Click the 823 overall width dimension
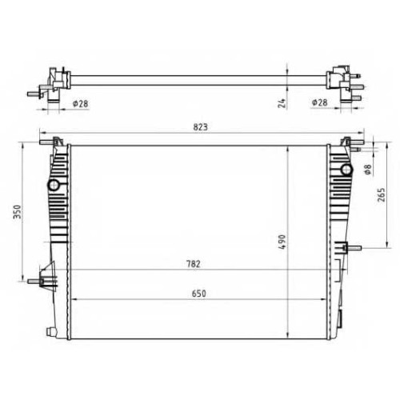[200, 127]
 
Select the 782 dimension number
[194, 264]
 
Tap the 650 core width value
[199, 294]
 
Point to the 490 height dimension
[282, 242]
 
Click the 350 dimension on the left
[18, 212]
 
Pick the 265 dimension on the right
[382, 194]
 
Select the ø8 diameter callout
[368, 170]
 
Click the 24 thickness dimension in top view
[282, 103]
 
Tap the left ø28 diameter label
[80, 103]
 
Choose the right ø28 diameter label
[319, 102]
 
